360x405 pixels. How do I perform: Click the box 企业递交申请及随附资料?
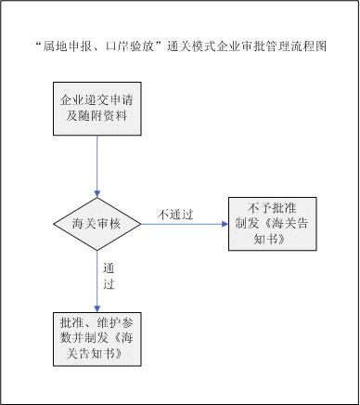coord(96,108)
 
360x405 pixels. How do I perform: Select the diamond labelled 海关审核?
coord(96,224)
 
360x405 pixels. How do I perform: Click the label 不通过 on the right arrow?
coord(174,215)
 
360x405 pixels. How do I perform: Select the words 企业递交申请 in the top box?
coord(96,98)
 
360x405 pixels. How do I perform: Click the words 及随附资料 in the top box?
coord(96,116)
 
